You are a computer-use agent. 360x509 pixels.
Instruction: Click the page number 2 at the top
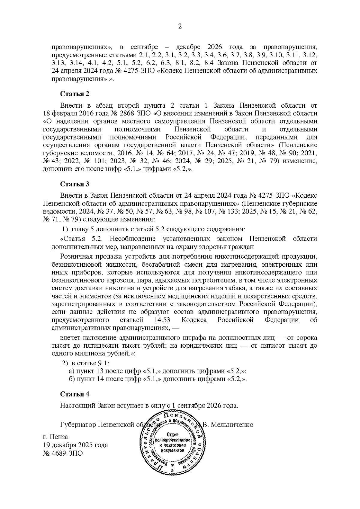click(x=180, y=26)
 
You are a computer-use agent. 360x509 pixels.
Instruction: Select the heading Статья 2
click(x=75, y=94)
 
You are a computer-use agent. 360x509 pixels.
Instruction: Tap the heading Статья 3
click(x=75, y=184)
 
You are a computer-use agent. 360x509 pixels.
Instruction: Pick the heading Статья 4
click(x=75, y=394)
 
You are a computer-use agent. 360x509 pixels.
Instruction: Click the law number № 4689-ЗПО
click(x=63, y=453)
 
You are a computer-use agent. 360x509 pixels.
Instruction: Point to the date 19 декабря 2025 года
click(x=76, y=445)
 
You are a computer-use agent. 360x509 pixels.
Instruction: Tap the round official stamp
click(x=171, y=441)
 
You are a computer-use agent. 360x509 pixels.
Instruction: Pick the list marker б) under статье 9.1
click(x=72, y=379)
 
